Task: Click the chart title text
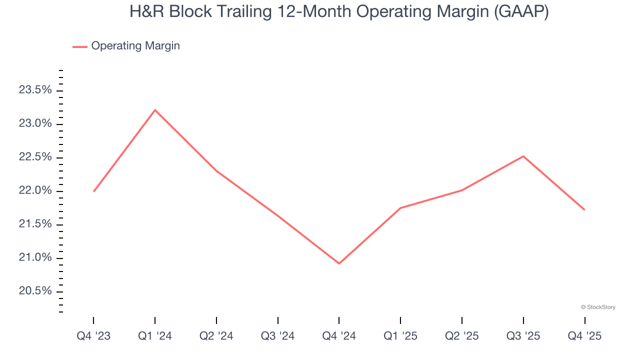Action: pos(339,12)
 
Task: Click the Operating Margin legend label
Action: pos(135,46)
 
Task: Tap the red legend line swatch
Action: pos(80,46)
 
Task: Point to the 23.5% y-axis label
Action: pos(35,90)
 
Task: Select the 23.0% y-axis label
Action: pos(35,123)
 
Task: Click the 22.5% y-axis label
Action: pos(35,157)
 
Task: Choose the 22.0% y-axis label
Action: pos(35,190)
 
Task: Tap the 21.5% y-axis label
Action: pos(35,224)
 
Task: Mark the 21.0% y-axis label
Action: pos(35,257)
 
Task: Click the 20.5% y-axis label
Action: pos(35,291)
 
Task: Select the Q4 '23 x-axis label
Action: pos(93,336)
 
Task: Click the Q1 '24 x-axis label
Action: pos(155,336)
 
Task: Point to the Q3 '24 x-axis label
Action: pos(278,336)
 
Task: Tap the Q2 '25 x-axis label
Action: pos(462,336)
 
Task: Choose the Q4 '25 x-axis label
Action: pos(584,336)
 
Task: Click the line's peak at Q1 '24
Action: pos(155,110)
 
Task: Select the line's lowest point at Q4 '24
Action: pos(339,263)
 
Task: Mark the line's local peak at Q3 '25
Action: pos(523,156)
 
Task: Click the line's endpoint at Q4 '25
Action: pos(584,209)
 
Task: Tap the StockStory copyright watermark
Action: pos(598,307)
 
